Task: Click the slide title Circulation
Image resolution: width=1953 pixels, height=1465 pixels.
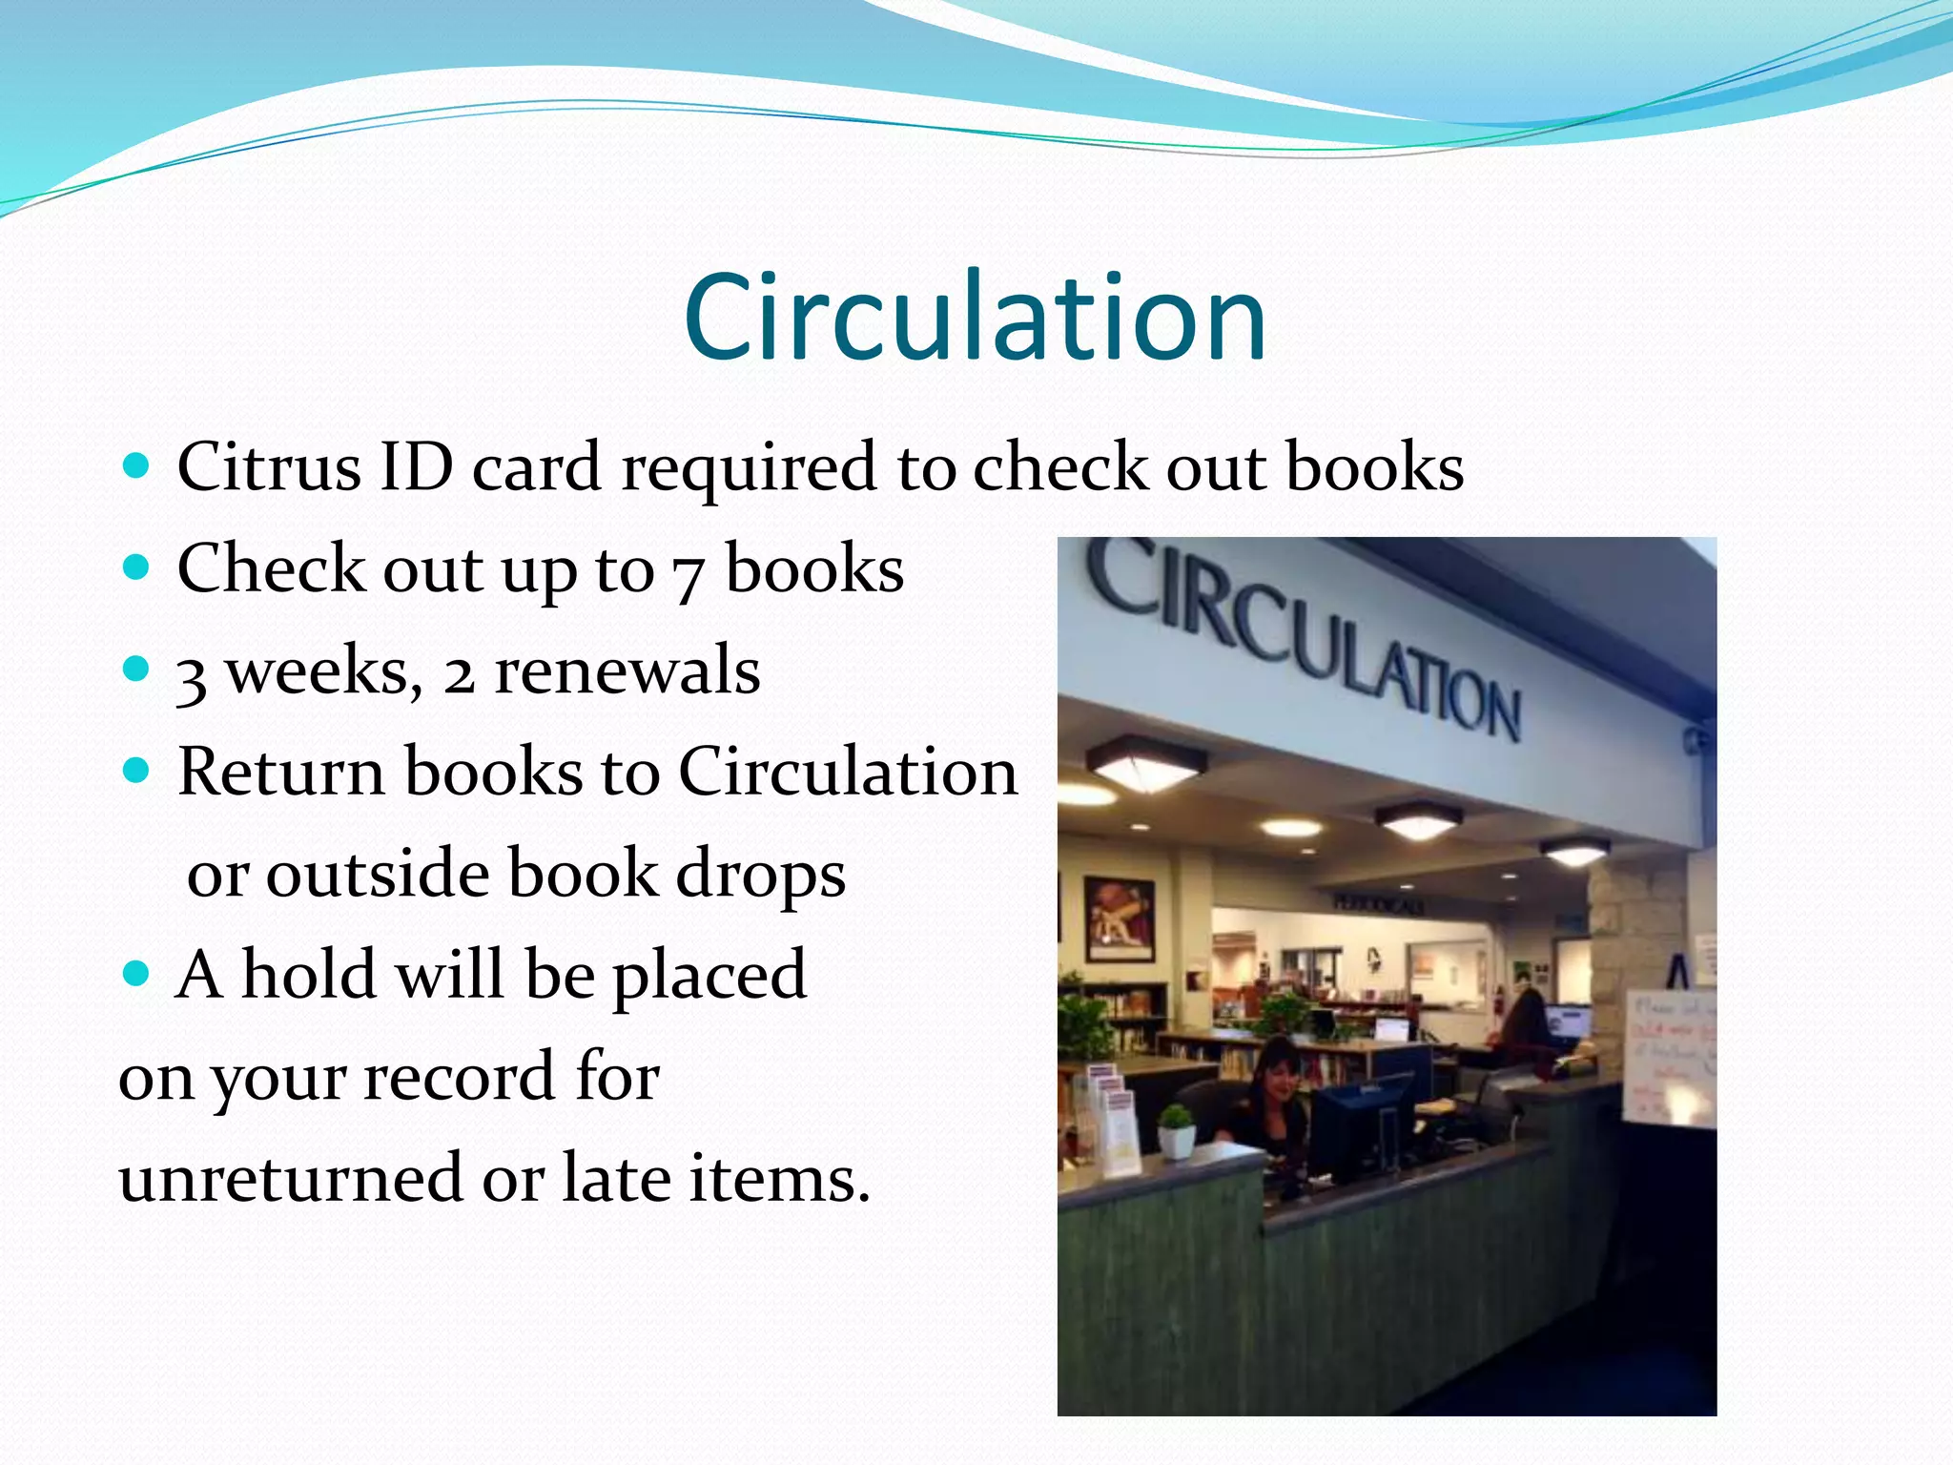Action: (x=975, y=318)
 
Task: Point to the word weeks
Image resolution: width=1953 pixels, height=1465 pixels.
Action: (x=324, y=671)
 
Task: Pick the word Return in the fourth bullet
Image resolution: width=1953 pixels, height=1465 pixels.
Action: (x=280, y=772)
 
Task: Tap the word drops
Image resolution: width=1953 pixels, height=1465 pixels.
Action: (x=760, y=875)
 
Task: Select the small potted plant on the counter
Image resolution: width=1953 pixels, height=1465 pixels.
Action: (x=1178, y=1129)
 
